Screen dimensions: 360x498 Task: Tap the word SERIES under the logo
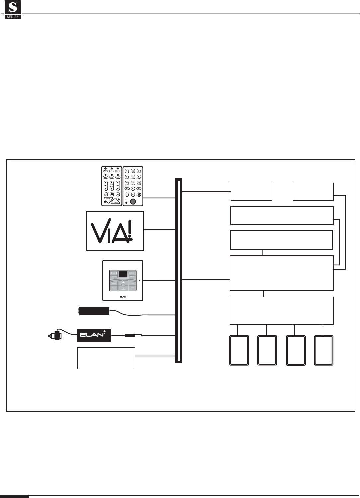[x=13, y=16]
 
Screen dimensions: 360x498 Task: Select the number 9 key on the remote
[x=139, y=183]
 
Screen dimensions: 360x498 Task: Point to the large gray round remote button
[x=133, y=202]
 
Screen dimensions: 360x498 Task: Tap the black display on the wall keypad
[x=123, y=274]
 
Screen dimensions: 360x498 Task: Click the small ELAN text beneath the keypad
[x=123, y=297]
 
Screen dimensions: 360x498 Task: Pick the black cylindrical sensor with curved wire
[x=94, y=311]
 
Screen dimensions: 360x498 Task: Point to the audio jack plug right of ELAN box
[x=133, y=335]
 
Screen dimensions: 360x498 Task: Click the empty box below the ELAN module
[x=106, y=358]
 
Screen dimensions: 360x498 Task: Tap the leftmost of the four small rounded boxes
[x=239, y=351]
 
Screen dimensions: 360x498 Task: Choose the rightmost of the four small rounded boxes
[x=324, y=351]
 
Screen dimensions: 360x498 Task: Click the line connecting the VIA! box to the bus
[x=159, y=229]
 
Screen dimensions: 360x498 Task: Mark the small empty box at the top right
[x=313, y=192]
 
